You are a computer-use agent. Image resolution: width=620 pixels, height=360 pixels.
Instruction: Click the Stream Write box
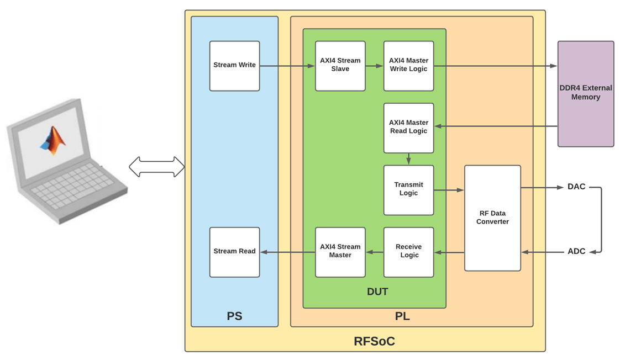pos(234,66)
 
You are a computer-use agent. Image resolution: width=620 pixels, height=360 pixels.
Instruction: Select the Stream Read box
pos(234,252)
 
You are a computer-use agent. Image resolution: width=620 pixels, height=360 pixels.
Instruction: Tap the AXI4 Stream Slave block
pos(340,66)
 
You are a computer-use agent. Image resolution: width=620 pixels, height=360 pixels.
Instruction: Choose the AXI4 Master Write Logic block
pos(408,66)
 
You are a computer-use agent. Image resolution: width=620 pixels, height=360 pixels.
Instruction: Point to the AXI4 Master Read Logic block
pos(408,128)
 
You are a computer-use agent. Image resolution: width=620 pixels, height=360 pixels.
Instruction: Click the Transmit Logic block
pos(408,189)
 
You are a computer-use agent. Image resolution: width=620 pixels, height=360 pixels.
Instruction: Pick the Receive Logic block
pos(408,252)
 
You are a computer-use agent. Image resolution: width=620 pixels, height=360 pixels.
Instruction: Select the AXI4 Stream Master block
pos(340,252)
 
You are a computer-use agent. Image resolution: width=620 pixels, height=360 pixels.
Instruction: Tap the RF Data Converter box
pos(492,218)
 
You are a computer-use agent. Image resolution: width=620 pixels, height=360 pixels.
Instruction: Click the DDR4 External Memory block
pos(585,93)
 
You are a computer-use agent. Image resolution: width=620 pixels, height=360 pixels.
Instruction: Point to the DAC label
pos(576,187)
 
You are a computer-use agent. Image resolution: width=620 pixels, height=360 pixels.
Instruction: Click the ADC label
pos(576,251)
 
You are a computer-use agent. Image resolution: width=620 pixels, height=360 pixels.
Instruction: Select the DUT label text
pos(377,292)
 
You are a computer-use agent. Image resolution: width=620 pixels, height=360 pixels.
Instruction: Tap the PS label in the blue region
pos(234,316)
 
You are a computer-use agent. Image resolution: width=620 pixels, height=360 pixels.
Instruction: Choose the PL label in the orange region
pos(402,317)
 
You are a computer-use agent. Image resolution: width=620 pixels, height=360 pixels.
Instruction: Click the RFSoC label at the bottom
pos(374,341)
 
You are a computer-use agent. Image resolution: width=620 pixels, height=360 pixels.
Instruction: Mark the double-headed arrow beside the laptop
pos(156,167)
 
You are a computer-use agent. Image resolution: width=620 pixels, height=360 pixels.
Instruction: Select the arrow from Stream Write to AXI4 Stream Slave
pos(287,66)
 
